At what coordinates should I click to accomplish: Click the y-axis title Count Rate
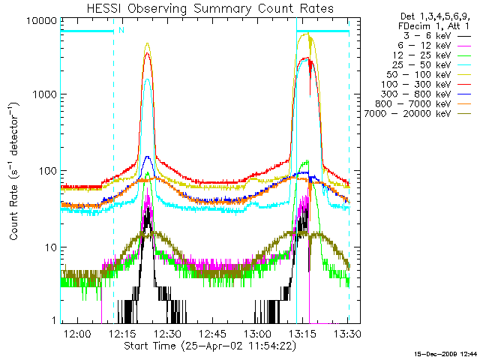click(15, 171)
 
